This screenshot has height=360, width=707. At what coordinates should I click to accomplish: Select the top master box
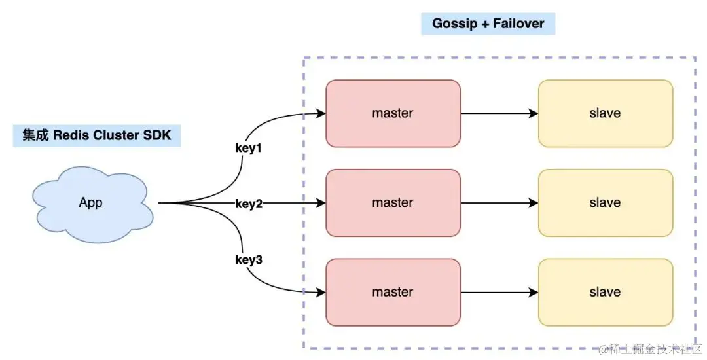(x=393, y=113)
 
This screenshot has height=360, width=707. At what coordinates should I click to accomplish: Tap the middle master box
(x=393, y=203)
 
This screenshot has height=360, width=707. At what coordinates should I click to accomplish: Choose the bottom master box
(x=393, y=292)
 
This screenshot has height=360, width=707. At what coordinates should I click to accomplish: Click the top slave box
(x=605, y=113)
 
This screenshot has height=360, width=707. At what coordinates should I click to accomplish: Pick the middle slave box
(x=605, y=203)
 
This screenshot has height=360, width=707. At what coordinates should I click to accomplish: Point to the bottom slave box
(x=605, y=292)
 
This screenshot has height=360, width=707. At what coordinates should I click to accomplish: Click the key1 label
(x=248, y=148)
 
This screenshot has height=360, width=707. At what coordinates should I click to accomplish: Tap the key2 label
(x=249, y=204)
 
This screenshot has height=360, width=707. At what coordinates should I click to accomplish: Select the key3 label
(x=249, y=260)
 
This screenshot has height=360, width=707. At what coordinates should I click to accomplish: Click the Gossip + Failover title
(x=488, y=24)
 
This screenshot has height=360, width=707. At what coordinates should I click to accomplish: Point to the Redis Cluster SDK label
(x=97, y=135)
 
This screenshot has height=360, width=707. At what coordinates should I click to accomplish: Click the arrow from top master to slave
(x=499, y=113)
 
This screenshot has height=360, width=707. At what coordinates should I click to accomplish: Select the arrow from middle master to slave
(x=499, y=203)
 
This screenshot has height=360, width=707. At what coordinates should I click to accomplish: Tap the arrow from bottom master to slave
(x=499, y=292)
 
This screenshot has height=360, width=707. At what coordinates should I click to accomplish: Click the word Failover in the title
(x=518, y=24)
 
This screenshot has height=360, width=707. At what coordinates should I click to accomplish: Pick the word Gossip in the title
(x=454, y=24)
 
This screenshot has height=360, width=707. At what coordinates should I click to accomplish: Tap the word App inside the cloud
(x=90, y=202)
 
